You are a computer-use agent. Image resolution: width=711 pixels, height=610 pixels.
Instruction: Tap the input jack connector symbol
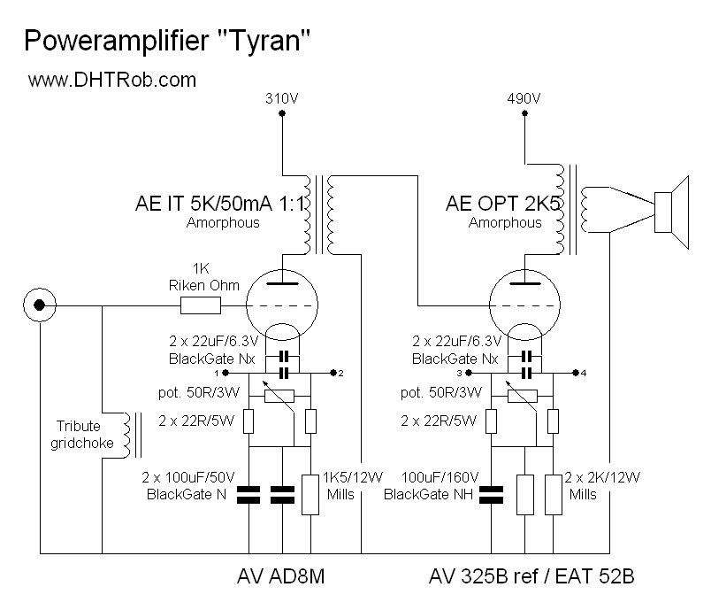[39, 306]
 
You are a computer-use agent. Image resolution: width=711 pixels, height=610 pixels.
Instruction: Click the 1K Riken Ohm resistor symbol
[200, 306]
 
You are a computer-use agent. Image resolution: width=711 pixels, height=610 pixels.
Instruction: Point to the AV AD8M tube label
[282, 578]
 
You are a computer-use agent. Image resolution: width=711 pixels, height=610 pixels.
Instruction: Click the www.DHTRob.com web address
[111, 80]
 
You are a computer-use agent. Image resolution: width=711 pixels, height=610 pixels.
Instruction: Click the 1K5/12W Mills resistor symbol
[310, 493]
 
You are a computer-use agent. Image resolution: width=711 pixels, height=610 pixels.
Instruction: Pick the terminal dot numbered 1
[240, 373]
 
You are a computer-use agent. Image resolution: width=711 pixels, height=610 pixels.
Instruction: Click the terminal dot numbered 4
[574, 373]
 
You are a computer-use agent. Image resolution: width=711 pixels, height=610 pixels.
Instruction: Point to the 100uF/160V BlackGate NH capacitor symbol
[492, 493]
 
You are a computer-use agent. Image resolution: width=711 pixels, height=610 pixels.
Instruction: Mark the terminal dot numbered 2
[331, 373]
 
